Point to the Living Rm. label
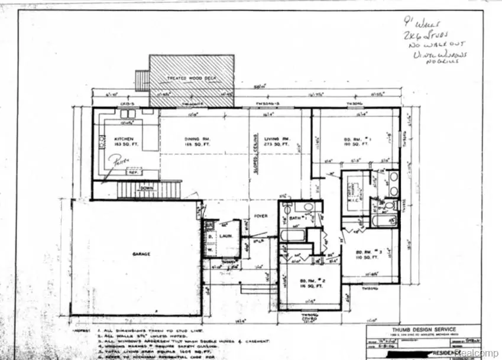click(x=276, y=140)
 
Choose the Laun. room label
click(x=227, y=236)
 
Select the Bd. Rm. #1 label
click(x=358, y=140)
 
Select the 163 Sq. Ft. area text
click(x=125, y=145)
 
